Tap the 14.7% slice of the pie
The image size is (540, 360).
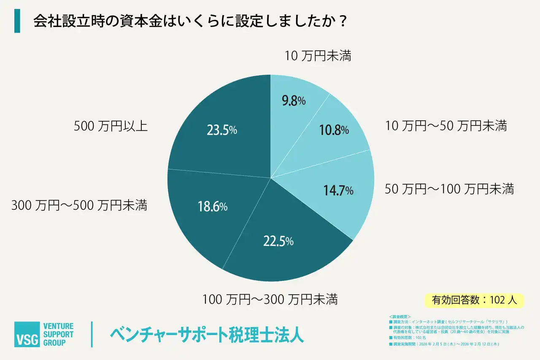337,190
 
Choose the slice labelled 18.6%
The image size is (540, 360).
211,207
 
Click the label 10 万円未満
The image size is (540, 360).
318,56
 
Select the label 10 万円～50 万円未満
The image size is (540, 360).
445,126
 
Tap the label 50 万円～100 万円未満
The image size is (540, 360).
449,189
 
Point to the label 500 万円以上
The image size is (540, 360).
111,126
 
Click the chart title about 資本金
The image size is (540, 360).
190,22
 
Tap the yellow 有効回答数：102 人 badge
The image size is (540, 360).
474,300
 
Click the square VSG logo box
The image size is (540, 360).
27,334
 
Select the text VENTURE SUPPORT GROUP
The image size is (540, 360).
58,334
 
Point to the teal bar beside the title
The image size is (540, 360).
17,22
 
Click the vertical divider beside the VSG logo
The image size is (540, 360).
92,334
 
